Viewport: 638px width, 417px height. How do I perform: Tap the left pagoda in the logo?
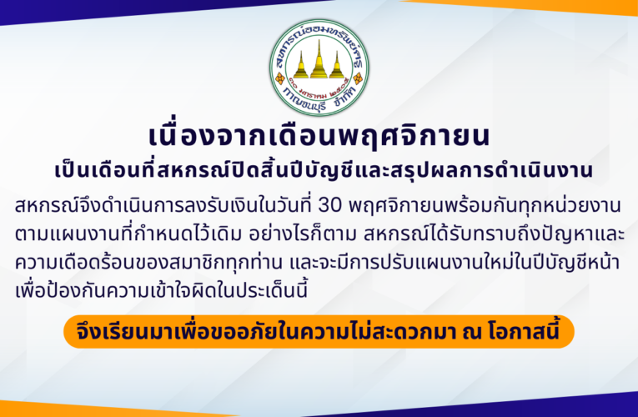pos(300,68)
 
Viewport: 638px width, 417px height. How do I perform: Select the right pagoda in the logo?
pos(338,68)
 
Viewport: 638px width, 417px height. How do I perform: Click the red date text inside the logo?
pos(319,87)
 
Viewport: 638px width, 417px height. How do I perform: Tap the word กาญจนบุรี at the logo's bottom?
pos(307,103)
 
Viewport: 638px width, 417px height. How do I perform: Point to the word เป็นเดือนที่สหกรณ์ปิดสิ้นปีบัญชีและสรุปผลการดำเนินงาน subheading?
pos(319,171)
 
